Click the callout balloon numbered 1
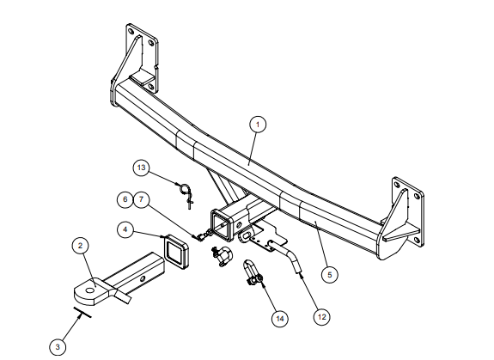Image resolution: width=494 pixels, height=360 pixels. click(x=258, y=125)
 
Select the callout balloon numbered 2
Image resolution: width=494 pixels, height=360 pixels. click(x=81, y=246)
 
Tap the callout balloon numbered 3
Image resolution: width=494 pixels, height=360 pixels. click(x=58, y=347)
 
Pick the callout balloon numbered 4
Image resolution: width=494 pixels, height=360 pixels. click(x=125, y=229)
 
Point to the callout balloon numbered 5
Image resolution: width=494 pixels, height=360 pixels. click(x=330, y=275)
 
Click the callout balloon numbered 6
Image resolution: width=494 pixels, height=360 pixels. click(x=125, y=199)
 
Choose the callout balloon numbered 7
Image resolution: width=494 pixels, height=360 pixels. click(x=142, y=199)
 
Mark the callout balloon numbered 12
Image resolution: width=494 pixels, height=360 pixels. click(x=321, y=316)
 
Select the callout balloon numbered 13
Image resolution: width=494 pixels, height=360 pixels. click(x=142, y=168)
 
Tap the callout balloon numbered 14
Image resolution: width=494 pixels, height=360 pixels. click(x=280, y=319)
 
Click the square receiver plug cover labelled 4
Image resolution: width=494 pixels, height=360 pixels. click(x=176, y=252)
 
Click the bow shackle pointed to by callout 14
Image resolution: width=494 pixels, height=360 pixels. click(x=253, y=272)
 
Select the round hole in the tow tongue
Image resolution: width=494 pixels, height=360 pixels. click(x=90, y=290)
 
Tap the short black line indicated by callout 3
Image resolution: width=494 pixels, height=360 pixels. click(x=82, y=313)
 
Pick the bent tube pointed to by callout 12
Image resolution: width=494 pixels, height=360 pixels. click(x=286, y=256)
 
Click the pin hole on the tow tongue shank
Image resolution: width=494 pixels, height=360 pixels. click(x=143, y=278)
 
